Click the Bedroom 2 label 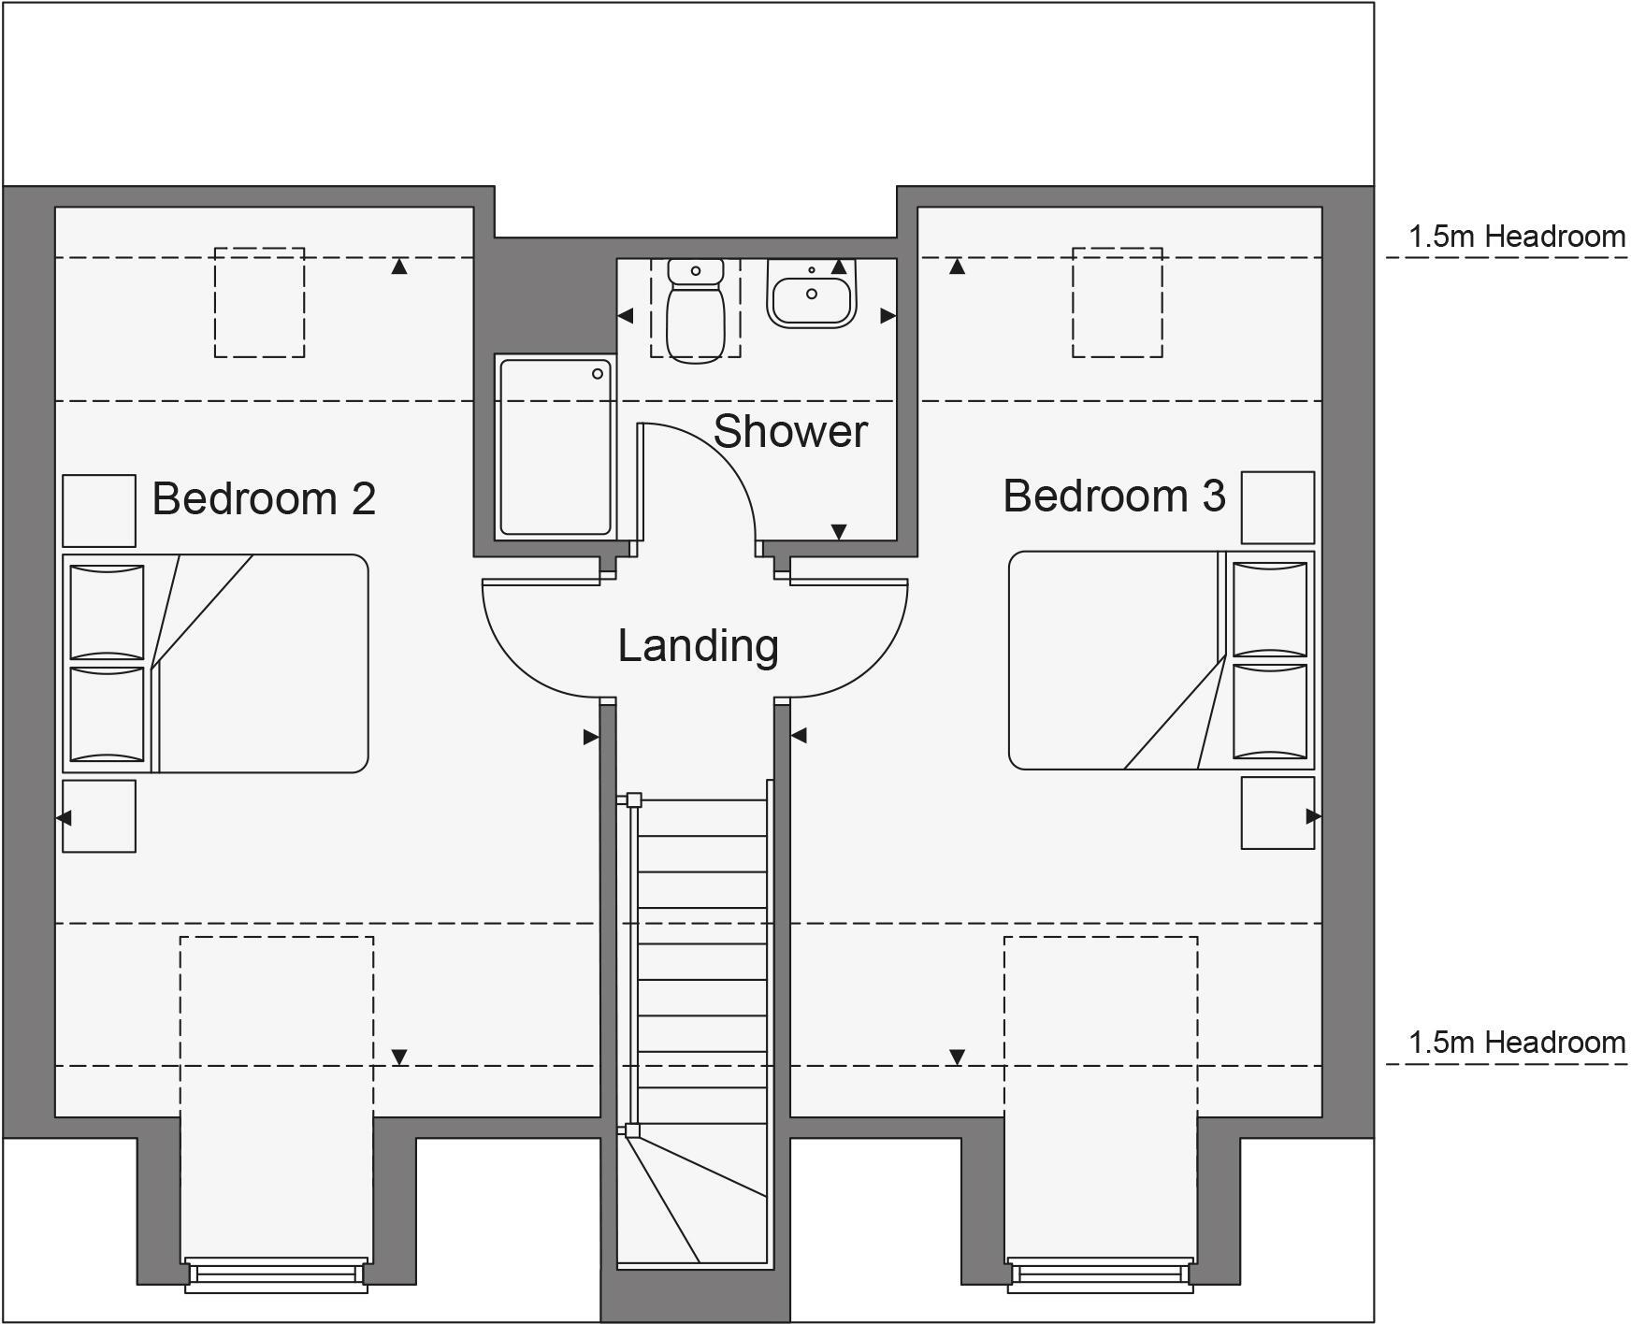click(x=264, y=498)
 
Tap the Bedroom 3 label click(x=1114, y=496)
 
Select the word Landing click(x=698, y=646)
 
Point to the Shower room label click(x=790, y=431)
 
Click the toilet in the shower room click(x=696, y=309)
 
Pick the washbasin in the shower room click(x=812, y=293)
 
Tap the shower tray click(x=556, y=447)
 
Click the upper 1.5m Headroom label click(x=1517, y=237)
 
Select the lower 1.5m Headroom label click(x=1517, y=1042)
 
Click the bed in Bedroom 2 click(x=216, y=663)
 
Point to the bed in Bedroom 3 click(x=1162, y=660)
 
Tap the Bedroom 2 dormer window click(x=276, y=1274)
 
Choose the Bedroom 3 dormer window click(x=1101, y=1274)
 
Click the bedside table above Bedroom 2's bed click(x=99, y=511)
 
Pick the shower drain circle click(x=598, y=374)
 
